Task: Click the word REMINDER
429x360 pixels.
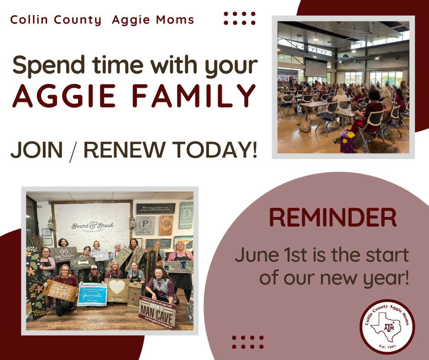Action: coord(332,218)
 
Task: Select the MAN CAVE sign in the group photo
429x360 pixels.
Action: coord(158,312)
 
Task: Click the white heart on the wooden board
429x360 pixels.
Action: coord(117,287)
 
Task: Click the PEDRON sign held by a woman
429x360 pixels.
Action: coord(64,253)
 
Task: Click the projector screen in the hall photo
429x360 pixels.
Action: coord(316,69)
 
